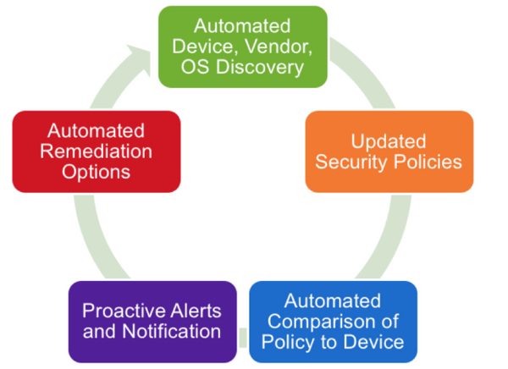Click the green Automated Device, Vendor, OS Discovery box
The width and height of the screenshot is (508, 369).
tap(243, 46)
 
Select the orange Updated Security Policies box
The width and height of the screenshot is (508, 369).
tap(389, 151)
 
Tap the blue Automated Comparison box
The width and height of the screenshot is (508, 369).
tap(333, 322)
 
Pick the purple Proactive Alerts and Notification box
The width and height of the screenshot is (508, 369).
tap(152, 322)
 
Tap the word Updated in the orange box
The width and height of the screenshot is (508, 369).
tap(389, 140)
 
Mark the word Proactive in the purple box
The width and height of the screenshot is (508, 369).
tap(119, 311)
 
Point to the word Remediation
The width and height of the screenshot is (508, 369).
tap(96, 151)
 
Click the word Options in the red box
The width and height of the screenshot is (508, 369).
tap(96, 172)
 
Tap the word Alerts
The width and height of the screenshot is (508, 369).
tap(195, 311)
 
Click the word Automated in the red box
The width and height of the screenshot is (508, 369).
tap(96, 131)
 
